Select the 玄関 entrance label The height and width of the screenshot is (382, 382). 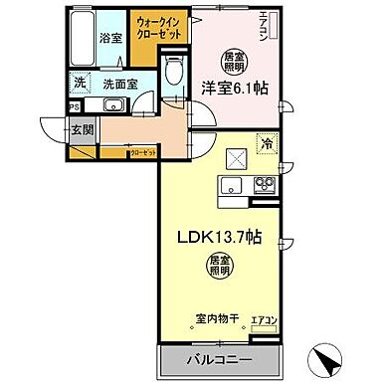click(81, 127)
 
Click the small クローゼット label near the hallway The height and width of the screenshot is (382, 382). click(141, 153)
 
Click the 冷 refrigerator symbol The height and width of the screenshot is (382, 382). click(267, 144)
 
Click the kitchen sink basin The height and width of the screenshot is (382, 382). click(229, 184)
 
